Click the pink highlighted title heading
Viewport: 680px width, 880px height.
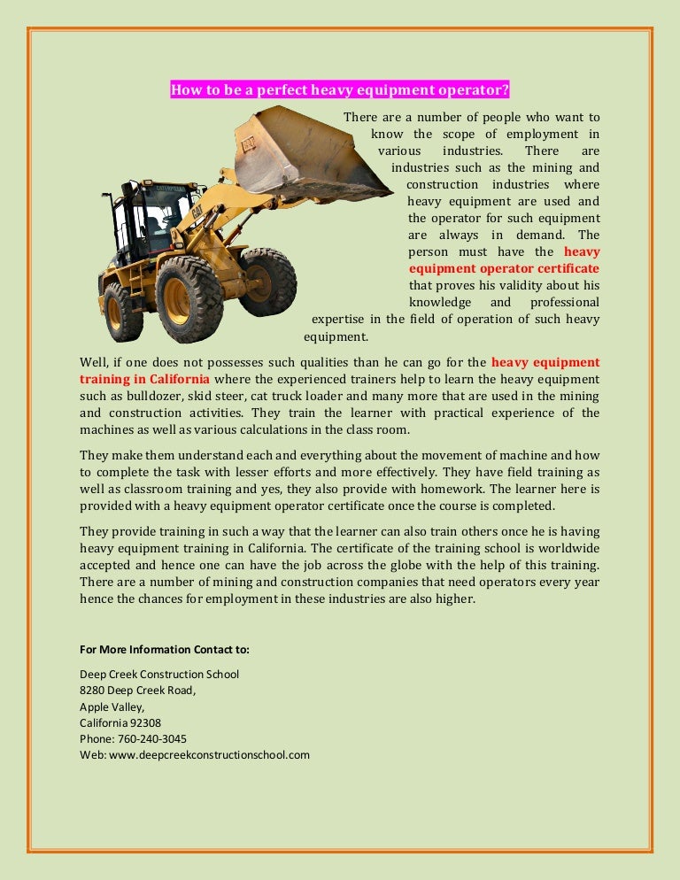340,89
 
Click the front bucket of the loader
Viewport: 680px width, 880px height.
301,155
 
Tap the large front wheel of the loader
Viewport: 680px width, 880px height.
189,298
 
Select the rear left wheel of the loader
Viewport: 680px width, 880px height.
122,312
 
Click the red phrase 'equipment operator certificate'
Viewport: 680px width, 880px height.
503,268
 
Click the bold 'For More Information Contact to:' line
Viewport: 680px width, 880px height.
165,649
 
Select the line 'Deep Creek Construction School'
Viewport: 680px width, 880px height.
159,674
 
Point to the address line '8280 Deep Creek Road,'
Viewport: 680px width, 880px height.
138,690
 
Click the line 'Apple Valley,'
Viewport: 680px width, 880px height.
112,706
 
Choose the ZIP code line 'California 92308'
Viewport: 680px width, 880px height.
120,722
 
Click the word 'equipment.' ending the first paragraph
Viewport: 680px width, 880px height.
336,336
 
